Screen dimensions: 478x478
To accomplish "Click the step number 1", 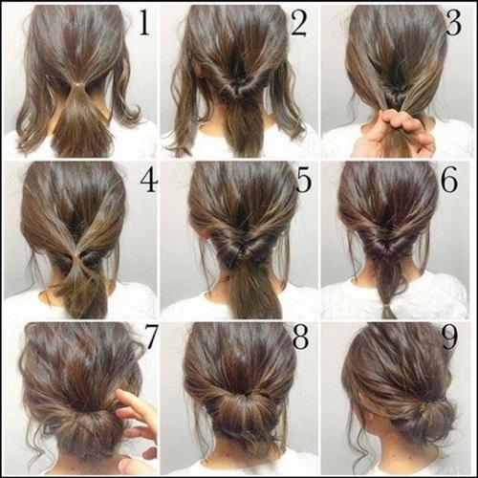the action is point(144,23).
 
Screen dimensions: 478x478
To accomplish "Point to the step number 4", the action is point(148,180).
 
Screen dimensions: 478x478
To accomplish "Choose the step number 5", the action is point(303,181).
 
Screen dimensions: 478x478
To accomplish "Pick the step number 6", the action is point(449,181).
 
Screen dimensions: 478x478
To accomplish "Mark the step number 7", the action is point(151,337).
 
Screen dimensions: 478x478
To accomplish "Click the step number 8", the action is point(300,337).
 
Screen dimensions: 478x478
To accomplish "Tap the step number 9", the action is point(449,337).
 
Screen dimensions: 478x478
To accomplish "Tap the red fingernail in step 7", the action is point(149,452).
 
